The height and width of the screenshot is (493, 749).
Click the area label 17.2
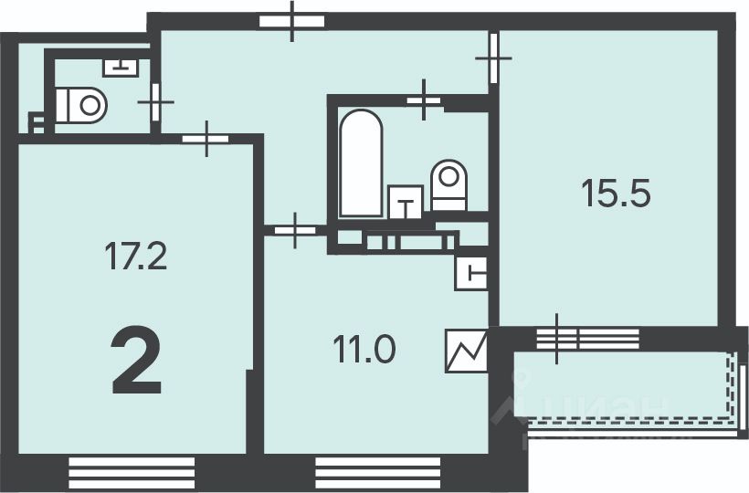(136, 258)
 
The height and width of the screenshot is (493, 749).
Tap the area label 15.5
(617, 194)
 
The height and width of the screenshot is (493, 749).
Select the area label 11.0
(363, 350)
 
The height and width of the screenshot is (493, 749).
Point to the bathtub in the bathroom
(359, 163)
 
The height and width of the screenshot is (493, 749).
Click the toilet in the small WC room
(82, 104)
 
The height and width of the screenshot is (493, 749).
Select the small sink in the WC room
(120, 66)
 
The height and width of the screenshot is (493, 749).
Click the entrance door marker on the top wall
(292, 21)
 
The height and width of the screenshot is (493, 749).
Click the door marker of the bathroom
(423, 100)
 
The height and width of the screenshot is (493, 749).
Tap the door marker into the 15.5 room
(493, 57)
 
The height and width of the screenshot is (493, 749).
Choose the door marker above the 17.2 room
(208, 139)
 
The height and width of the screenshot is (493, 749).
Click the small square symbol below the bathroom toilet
(470, 271)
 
